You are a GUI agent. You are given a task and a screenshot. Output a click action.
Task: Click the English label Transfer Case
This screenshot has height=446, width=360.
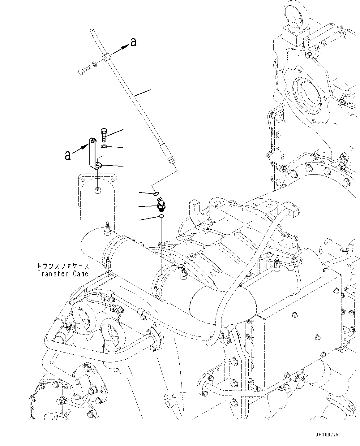(63, 274)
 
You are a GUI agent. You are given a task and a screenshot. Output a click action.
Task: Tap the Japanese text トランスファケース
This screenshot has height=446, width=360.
(63, 266)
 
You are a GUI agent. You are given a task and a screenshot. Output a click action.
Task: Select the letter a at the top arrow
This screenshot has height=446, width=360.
(133, 42)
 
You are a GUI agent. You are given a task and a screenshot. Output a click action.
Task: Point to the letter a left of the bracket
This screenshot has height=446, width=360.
(67, 155)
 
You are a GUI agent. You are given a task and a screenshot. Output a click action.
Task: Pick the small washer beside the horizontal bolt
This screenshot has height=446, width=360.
(95, 65)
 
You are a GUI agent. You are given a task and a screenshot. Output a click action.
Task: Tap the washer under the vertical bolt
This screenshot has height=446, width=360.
(104, 146)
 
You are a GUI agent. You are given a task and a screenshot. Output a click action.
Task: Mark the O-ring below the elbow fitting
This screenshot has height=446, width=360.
(161, 215)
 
